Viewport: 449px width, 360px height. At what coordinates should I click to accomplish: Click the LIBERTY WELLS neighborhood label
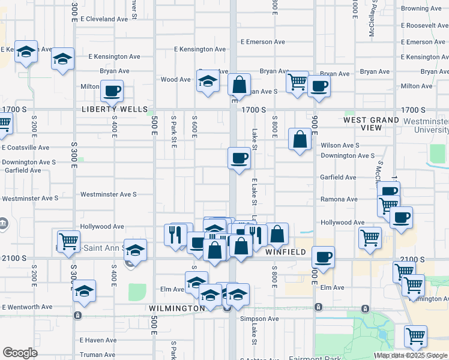tap(115, 110)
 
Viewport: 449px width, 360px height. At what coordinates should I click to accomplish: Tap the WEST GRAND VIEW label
tap(371, 124)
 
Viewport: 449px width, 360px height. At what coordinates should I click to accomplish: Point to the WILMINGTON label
tap(177, 308)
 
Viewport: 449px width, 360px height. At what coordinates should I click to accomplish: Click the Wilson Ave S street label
tap(340, 145)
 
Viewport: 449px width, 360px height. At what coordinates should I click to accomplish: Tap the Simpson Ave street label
tap(260, 319)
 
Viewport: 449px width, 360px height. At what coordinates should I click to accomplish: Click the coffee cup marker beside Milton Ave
tap(112, 92)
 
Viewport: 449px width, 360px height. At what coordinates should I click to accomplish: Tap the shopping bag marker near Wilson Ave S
tap(300, 140)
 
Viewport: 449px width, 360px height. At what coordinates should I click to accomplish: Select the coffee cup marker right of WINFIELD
tap(323, 257)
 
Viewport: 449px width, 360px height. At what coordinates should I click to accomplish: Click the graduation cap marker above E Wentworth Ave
tap(84, 292)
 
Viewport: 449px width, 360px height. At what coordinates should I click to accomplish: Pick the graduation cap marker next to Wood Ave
tap(208, 81)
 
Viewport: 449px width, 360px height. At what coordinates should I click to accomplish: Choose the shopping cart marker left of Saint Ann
tap(69, 240)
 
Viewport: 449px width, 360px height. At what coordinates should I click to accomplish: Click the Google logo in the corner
tap(20, 353)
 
